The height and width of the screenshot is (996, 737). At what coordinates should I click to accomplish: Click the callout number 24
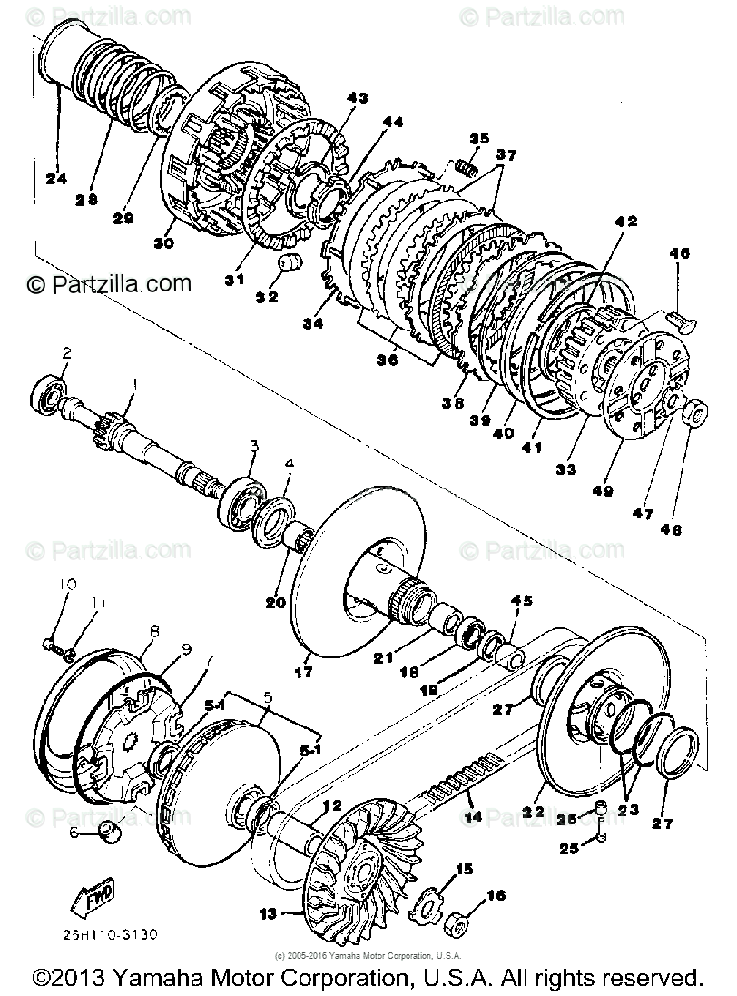coord(57,178)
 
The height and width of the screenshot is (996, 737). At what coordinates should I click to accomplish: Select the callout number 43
coord(357,97)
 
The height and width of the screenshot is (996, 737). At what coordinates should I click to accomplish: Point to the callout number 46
coord(680,256)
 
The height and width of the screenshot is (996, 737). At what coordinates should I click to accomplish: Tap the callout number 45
coord(523,600)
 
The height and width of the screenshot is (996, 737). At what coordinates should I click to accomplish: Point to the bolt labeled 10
coord(48,644)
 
